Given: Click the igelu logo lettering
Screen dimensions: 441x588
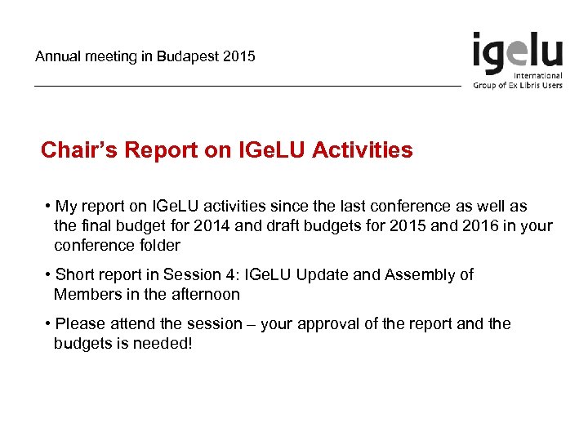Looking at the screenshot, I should pyautogui.click(x=517, y=53).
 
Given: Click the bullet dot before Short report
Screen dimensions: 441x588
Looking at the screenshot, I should pyautogui.click(x=48, y=275).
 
